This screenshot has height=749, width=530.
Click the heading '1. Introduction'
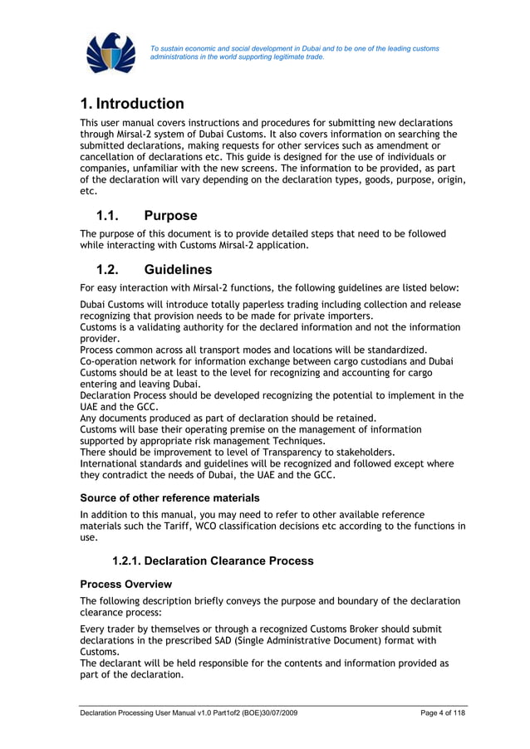(x=132, y=104)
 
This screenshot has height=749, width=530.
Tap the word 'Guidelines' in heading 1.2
(x=178, y=270)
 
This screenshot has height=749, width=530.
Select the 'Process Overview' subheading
(x=125, y=584)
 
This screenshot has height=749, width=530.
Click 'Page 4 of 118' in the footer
(x=444, y=714)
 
